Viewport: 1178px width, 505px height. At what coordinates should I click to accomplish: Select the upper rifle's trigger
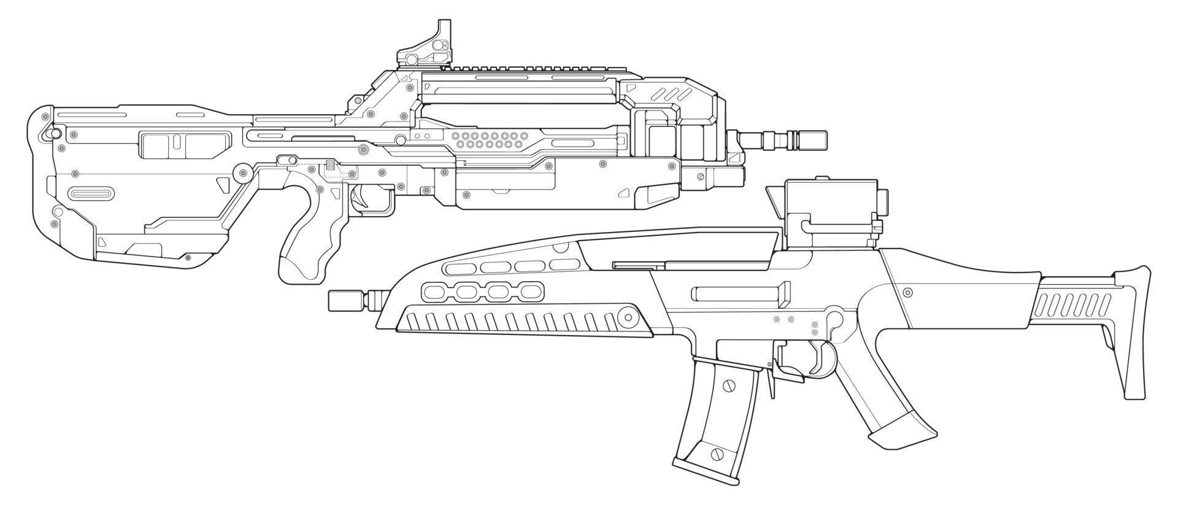tap(358, 197)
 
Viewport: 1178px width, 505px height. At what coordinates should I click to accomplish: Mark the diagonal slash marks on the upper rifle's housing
tap(672, 94)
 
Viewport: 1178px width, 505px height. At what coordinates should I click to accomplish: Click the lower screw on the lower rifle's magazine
tap(714, 454)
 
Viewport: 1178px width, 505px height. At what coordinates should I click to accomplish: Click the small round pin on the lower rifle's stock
tap(908, 292)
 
